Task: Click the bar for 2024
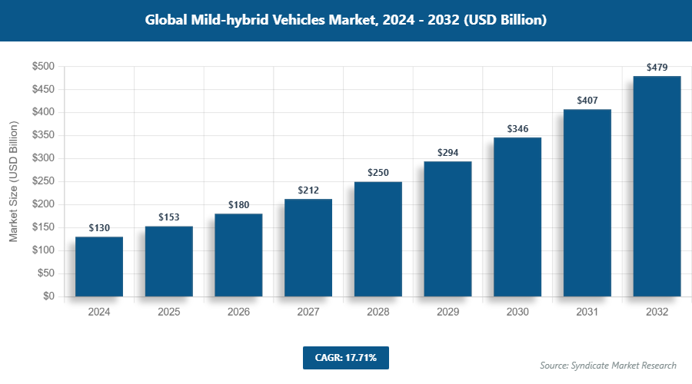point(99,266)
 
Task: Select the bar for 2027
point(308,247)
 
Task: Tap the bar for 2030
point(517,217)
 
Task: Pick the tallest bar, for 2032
point(657,186)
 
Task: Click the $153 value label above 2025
point(169,217)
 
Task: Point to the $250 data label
point(378,173)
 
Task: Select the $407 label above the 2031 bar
point(587,101)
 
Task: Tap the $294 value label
point(447,153)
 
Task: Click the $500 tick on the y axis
point(42,67)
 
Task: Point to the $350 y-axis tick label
point(42,136)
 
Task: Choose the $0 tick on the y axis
point(48,296)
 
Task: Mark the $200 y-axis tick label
point(42,204)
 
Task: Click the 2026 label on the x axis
point(238,313)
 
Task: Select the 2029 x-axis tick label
point(447,313)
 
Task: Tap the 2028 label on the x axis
point(378,313)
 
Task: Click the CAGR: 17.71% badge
point(346,358)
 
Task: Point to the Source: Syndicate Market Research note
point(607,366)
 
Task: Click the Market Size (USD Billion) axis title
point(13,182)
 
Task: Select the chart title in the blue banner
point(346,20)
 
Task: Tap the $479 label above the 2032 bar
point(657,68)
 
